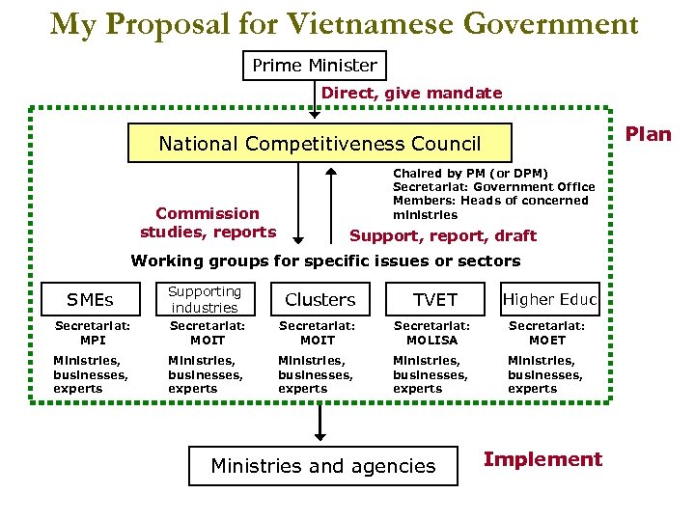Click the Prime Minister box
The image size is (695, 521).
pyautogui.click(x=314, y=66)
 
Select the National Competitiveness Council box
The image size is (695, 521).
pyautogui.click(x=320, y=144)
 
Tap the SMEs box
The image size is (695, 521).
pyautogui.click(x=90, y=299)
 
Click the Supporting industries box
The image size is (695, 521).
pyautogui.click(x=205, y=299)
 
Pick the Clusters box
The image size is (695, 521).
pyautogui.click(x=320, y=299)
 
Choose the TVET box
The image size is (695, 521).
pyautogui.click(x=434, y=299)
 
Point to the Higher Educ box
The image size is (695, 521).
pyautogui.click(x=550, y=299)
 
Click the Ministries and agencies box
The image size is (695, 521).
pyautogui.click(x=322, y=466)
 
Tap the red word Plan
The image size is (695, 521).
pyautogui.click(x=648, y=134)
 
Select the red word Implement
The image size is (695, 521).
pyautogui.click(x=542, y=459)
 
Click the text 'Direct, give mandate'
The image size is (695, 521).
pyautogui.click(x=411, y=94)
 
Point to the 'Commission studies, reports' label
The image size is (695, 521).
pyautogui.click(x=208, y=222)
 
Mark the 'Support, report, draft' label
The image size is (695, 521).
pyautogui.click(x=442, y=235)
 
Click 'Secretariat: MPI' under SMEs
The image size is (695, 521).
pyautogui.click(x=93, y=333)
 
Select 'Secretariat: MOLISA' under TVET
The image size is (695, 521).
pyautogui.click(x=431, y=333)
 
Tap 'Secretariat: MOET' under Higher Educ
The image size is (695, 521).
pyautogui.click(x=547, y=333)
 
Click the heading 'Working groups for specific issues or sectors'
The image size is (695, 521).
pyautogui.click(x=325, y=260)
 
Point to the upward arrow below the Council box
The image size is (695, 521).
pyautogui.click(x=330, y=203)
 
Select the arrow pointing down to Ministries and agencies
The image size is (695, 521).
pyautogui.click(x=320, y=421)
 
